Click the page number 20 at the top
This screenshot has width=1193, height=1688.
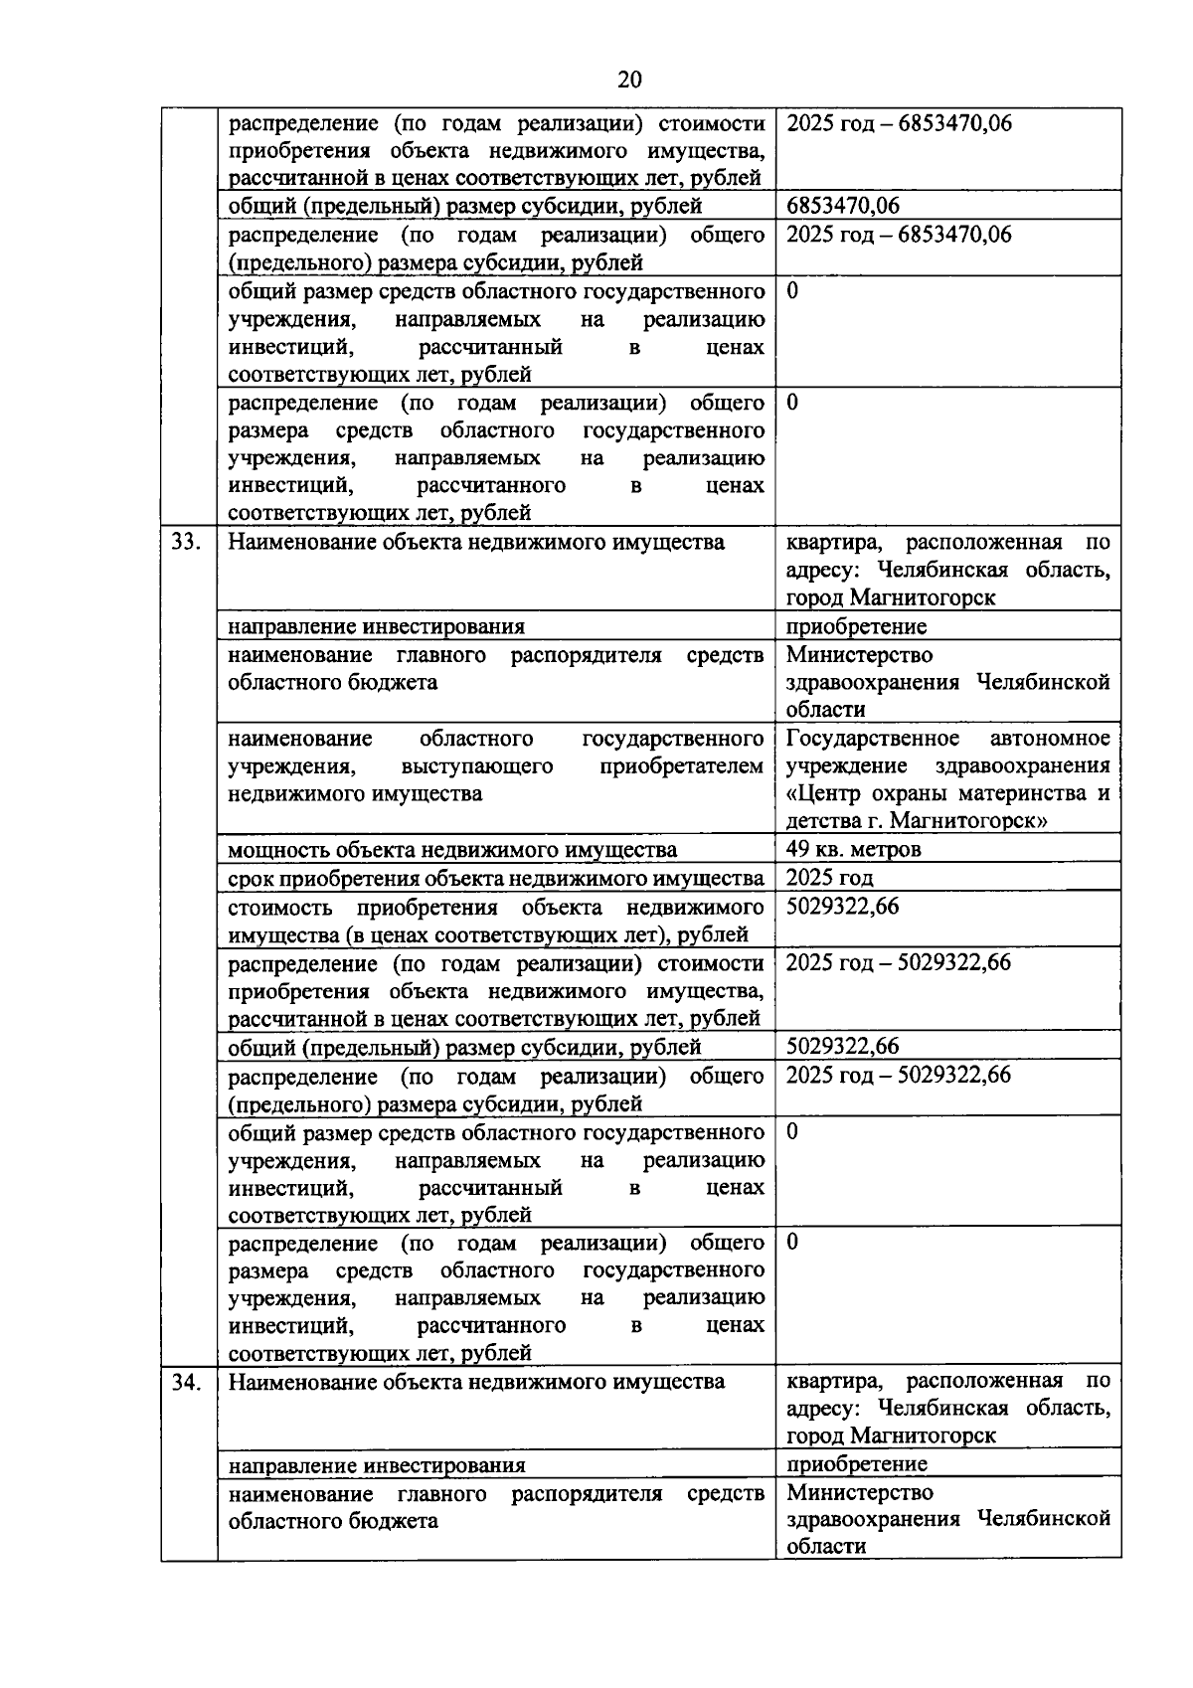(x=629, y=80)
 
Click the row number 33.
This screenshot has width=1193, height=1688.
(x=187, y=543)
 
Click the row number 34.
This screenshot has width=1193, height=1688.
(x=187, y=1382)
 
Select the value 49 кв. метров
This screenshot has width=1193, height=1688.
(x=853, y=849)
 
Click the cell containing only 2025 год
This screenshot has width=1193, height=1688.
(x=829, y=878)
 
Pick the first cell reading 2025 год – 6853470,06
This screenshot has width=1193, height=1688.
(x=899, y=124)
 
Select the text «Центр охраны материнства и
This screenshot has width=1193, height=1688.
(x=947, y=793)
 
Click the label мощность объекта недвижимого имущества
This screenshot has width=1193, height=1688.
(x=452, y=850)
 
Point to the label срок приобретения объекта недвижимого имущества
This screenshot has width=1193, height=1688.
(x=495, y=878)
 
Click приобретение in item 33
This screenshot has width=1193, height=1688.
(x=856, y=626)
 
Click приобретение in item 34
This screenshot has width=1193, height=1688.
(x=856, y=1464)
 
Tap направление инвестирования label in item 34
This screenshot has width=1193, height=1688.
(x=376, y=1465)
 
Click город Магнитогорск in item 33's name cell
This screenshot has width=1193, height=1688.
(x=891, y=597)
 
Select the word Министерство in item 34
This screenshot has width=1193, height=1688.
(x=860, y=1492)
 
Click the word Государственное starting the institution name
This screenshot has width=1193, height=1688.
(x=872, y=739)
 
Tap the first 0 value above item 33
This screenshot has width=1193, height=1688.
(x=792, y=291)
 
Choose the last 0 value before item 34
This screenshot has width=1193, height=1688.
(x=792, y=1242)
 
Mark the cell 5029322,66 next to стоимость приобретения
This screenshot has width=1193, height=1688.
(x=842, y=907)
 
